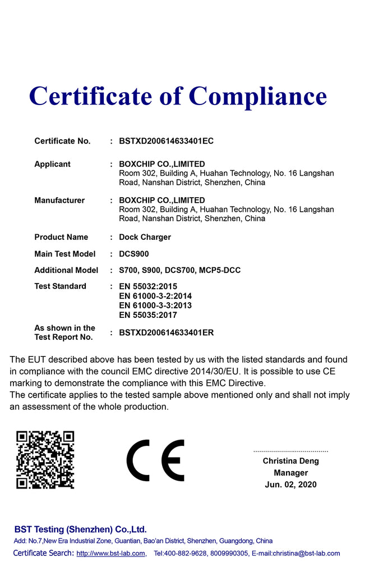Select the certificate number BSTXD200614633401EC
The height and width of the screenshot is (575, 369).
click(166, 141)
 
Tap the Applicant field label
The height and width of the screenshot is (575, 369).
click(52, 164)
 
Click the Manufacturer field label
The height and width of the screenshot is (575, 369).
click(59, 200)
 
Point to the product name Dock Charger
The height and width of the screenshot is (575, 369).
click(145, 237)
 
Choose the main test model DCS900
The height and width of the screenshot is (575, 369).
click(134, 254)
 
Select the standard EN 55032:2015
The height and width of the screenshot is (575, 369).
click(148, 286)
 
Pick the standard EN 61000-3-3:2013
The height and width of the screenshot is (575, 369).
click(155, 305)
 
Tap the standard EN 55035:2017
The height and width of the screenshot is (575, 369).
click(148, 315)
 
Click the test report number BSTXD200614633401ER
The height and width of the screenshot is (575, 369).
click(166, 332)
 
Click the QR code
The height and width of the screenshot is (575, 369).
click(45, 459)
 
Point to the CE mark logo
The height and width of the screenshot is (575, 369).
click(155, 460)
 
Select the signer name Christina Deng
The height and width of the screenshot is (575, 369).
click(290, 461)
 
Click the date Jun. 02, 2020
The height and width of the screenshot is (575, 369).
click(290, 485)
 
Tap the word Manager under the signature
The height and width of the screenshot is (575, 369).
click(290, 473)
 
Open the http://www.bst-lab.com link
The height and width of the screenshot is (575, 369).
click(110, 554)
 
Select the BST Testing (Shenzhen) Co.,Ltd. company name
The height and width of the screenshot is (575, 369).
click(80, 529)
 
